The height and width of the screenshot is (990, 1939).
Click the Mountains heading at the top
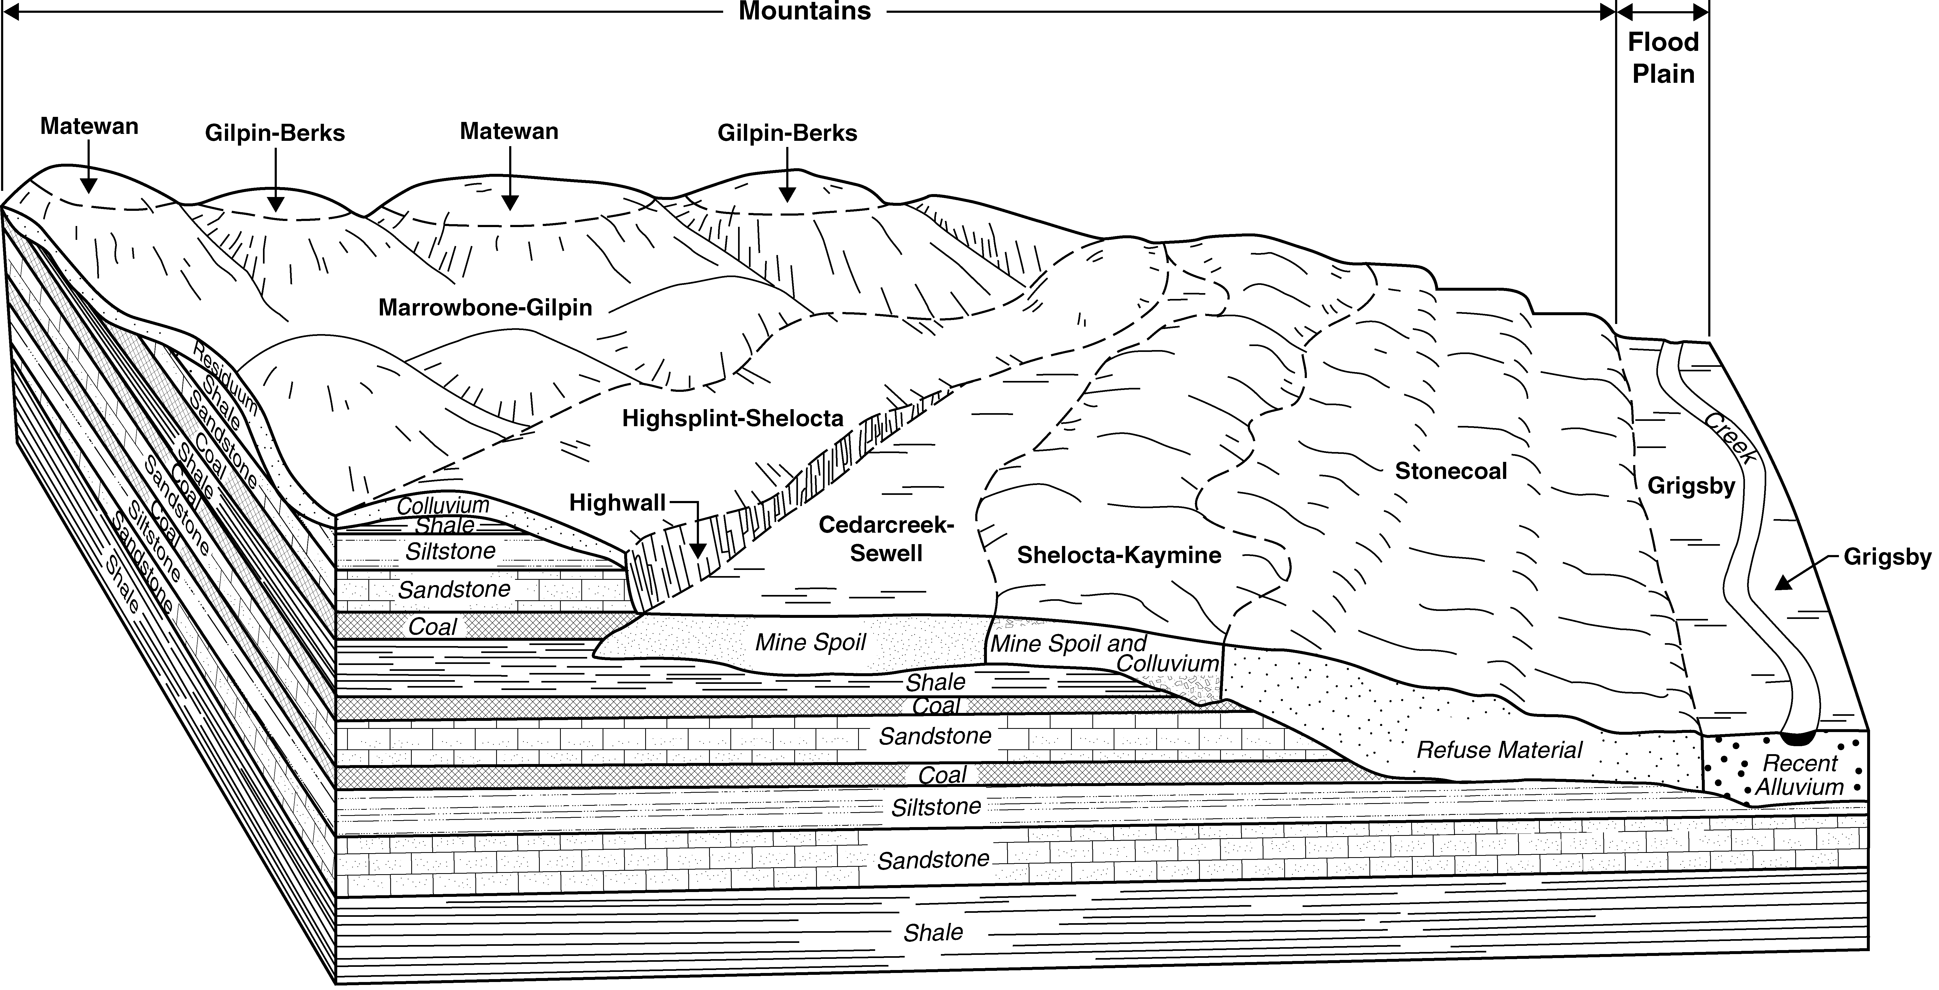pyautogui.click(x=805, y=11)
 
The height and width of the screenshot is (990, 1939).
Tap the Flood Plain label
pyautogui.click(x=1664, y=58)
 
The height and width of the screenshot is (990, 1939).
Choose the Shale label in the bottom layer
pyautogui.click(x=933, y=933)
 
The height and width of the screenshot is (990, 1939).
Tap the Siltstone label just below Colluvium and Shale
pyautogui.click(x=451, y=552)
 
